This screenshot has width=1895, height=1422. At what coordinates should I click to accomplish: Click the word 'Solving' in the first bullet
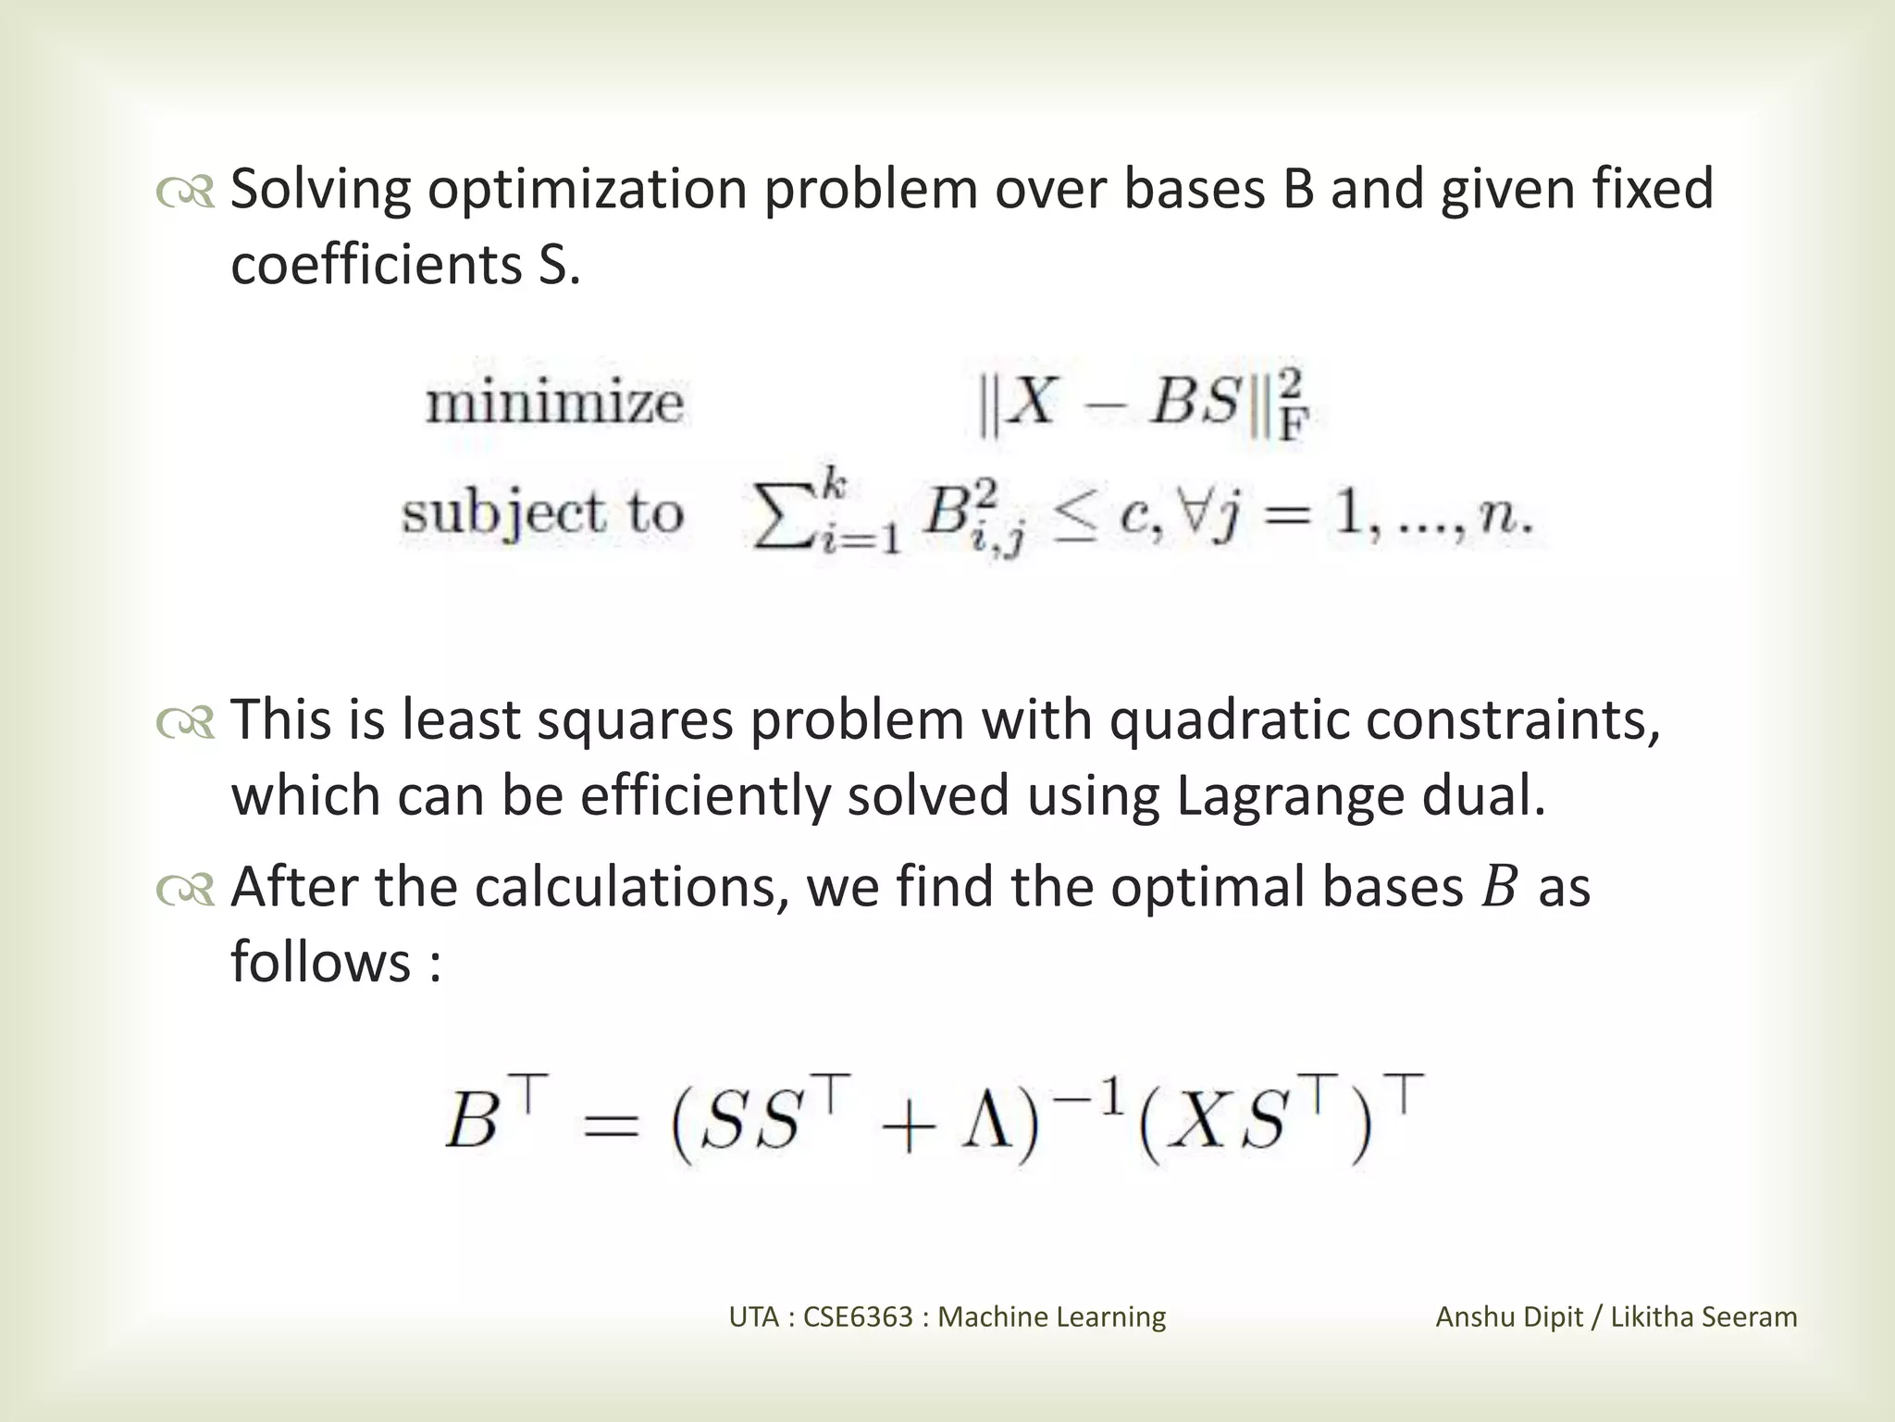coord(319,191)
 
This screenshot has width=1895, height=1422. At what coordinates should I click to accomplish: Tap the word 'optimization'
coord(587,191)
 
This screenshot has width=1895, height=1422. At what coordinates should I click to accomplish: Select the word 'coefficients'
coord(377,266)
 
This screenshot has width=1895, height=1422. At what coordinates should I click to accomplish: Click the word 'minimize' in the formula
coord(554,404)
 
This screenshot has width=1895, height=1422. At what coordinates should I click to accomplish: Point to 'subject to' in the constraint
coord(542,515)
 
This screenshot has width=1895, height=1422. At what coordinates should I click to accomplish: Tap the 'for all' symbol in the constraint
coord(1193,514)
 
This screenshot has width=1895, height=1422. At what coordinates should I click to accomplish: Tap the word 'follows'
coord(320,963)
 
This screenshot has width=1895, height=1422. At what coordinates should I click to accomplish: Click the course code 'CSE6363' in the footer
coord(858,1317)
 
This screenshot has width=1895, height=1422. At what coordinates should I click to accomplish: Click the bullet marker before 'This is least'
coord(185,723)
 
